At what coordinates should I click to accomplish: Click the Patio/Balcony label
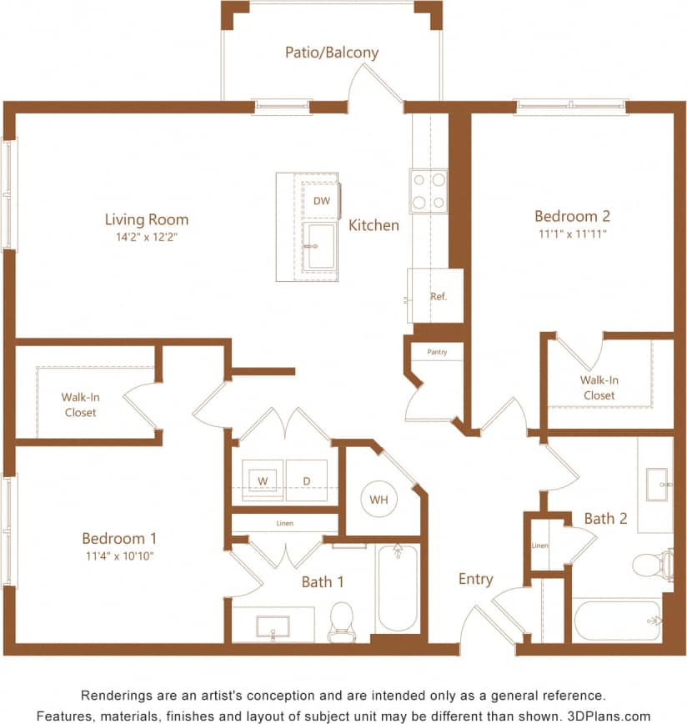(x=331, y=53)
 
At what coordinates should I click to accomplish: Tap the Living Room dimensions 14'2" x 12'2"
(x=146, y=238)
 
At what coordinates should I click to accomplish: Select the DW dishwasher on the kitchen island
(x=320, y=200)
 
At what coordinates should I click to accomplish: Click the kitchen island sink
(x=318, y=247)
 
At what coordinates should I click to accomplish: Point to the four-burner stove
(x=428, y=191)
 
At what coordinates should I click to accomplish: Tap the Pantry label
(x=437, y=352)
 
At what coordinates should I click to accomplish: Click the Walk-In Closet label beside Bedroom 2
(x=599, y=388)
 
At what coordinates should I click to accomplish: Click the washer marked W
(x=262, y=481)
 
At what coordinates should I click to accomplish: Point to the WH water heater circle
(x=379, y=500)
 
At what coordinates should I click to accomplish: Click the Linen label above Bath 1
(x=284, y=524)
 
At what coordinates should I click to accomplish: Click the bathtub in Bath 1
(x=397, y=588)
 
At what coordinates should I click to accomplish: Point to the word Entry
(x=475, y=579)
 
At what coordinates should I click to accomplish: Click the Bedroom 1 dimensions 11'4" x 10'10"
(x=118, y=556)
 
